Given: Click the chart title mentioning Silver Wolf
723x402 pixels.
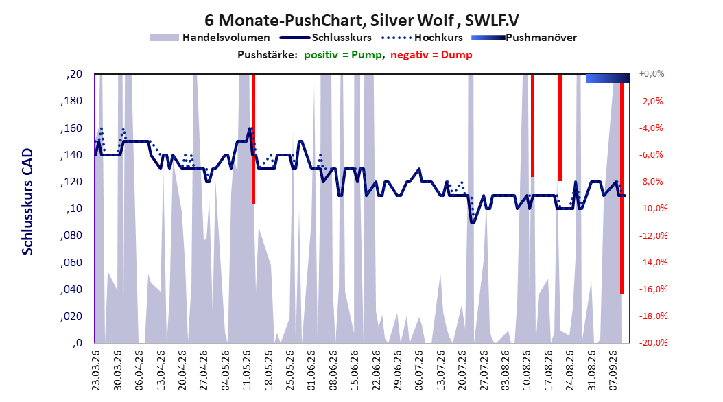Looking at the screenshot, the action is [361, 21].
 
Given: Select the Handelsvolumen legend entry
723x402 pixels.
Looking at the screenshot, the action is [210, 38].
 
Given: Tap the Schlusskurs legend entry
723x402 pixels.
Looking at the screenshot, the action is [326, 38].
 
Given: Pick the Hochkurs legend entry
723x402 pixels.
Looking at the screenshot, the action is [422, 38].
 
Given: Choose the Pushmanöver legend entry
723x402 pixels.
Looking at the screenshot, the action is [524, 38].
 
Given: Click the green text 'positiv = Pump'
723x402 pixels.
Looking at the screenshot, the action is [343, 55].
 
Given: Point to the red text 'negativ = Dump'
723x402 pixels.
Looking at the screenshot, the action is [431, 55].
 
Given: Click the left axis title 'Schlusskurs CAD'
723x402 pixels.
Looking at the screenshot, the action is [27, 202].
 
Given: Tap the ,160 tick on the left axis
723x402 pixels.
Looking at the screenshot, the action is [71, 128].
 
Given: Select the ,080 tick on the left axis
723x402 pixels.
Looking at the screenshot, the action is [71, 235].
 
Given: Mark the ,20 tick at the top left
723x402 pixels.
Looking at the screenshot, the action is [74, 74].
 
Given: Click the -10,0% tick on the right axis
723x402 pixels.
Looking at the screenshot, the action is [653, 209].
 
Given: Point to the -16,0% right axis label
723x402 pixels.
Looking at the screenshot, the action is [653, 289].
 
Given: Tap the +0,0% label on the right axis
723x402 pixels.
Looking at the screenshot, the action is [652, 74].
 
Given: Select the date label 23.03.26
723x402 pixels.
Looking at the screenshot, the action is [96, 370].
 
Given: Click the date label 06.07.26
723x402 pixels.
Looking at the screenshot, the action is [418, 370].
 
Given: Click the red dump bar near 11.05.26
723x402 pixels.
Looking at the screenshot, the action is [254, 139].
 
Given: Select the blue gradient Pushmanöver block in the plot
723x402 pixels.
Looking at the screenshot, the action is [608, 78].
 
